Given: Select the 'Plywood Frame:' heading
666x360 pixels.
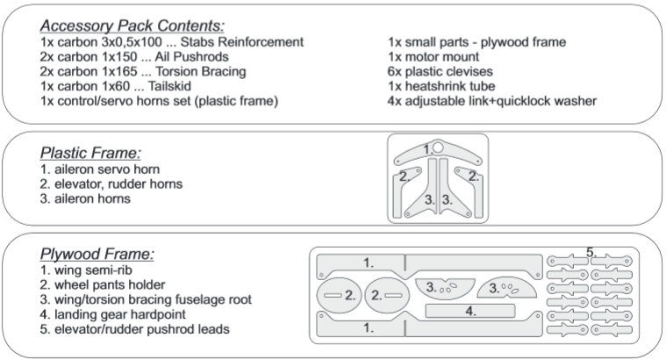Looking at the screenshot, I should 97,255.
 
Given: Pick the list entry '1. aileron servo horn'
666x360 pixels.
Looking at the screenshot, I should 100,168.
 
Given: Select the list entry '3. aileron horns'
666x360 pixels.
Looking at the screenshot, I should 86,198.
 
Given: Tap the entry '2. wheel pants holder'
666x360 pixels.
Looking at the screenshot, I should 103,284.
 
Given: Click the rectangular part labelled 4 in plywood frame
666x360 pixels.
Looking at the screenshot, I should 469,311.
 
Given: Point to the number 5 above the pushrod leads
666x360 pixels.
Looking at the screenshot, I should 591,252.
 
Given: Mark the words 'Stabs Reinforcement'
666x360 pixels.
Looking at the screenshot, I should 238,41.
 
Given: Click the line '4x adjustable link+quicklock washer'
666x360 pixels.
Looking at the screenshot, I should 492,101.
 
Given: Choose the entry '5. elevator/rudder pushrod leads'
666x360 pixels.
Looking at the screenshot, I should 135,329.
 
